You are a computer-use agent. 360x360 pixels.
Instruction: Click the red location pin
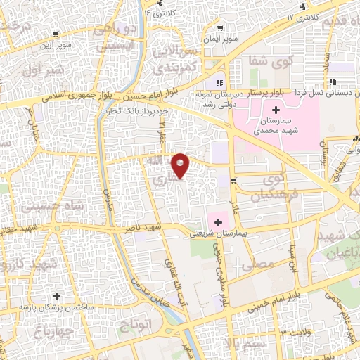pos(181,165)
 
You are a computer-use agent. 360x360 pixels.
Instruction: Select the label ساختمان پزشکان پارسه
pos(47,307)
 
